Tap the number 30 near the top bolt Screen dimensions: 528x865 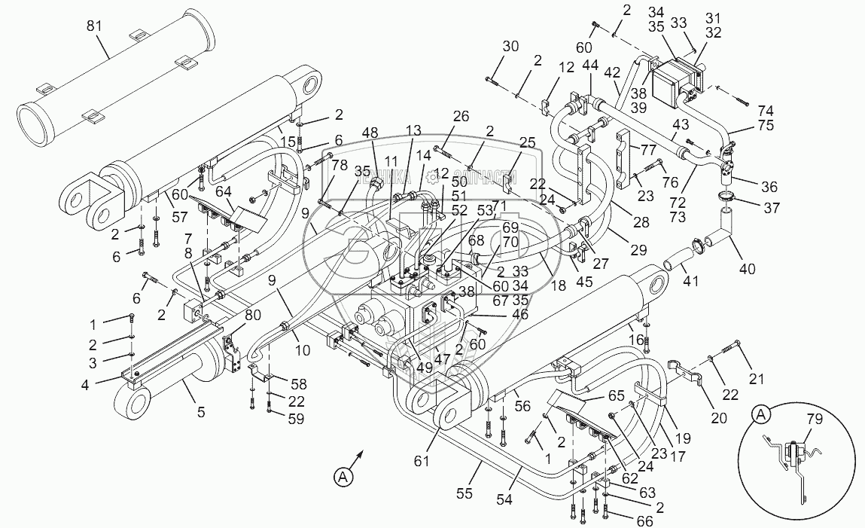[x=511, y=46]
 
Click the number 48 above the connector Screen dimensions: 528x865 [x=370, y=133]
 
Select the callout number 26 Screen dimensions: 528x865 [x=461, y=116]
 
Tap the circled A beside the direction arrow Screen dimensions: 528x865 [x=343, y=476]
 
